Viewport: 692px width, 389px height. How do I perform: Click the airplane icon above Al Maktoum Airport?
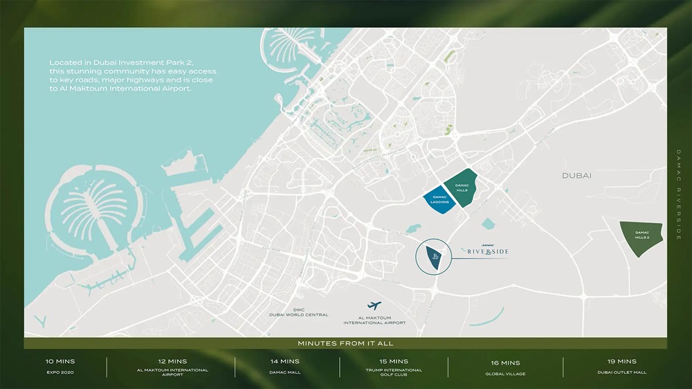375,306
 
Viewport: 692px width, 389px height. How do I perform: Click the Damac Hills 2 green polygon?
641,237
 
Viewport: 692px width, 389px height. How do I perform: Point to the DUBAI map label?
576,176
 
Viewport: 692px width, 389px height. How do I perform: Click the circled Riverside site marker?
434,257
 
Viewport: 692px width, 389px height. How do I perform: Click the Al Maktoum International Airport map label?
374,320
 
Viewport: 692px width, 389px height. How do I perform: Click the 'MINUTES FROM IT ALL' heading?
345,343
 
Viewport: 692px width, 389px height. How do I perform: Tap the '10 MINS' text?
60,361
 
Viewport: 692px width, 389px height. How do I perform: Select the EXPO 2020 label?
60,372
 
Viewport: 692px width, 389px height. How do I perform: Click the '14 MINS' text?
284,361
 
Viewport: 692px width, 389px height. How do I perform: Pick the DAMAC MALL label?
284,372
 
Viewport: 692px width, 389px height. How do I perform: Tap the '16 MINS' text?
505,363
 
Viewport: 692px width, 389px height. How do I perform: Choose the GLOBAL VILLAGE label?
505,374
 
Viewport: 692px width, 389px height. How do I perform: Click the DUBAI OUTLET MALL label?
621,372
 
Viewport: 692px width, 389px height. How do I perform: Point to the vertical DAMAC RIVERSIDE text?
679,194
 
